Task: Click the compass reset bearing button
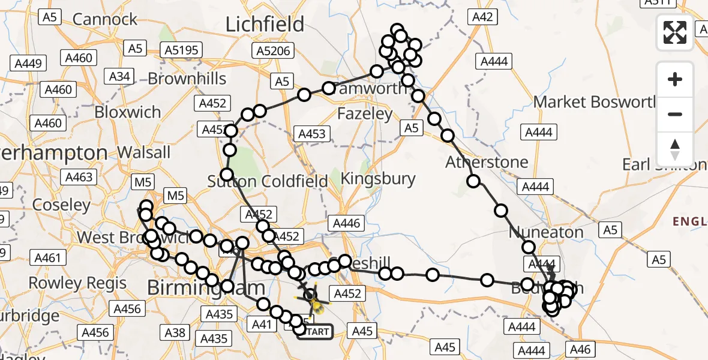coord(675,149)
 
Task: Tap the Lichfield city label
coord(265,25)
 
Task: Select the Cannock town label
coord(105,19)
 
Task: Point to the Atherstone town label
coord(487,162)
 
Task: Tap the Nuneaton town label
coord(546,232)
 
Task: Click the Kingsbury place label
coord(378,178)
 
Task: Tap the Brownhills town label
coord(187,79)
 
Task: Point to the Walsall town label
coord(143,152)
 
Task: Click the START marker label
coord(314,331)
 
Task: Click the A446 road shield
coord(346,224)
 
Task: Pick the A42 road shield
coord(482,17)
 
